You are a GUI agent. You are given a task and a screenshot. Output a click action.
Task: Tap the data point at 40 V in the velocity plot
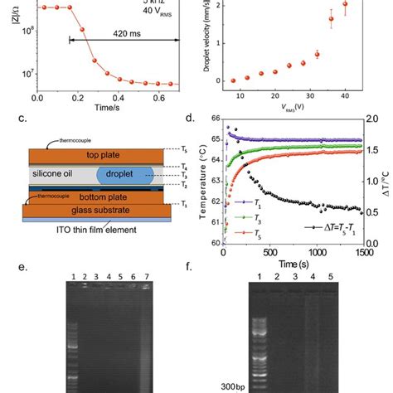[345, 9]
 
